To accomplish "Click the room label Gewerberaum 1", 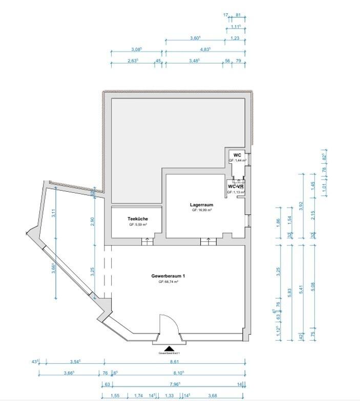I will [x=168, y=276].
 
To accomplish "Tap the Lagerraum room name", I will [x=201, y=205].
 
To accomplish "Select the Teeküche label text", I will [x=138, y=219].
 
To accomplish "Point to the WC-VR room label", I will [x=236, y=187].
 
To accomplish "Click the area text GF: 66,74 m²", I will [x=168, y=282].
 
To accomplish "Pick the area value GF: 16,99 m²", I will [x=202, y=210].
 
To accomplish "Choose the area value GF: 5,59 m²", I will [x=138, y=225].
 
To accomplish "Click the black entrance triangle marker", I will [x=168, y=348].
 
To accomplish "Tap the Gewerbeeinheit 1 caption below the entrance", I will [x=169, y=353].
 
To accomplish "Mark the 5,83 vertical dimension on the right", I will [x=290, y=291].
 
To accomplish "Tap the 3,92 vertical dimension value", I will [x=301, y=206].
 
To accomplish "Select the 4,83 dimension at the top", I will [x=204, y=50].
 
